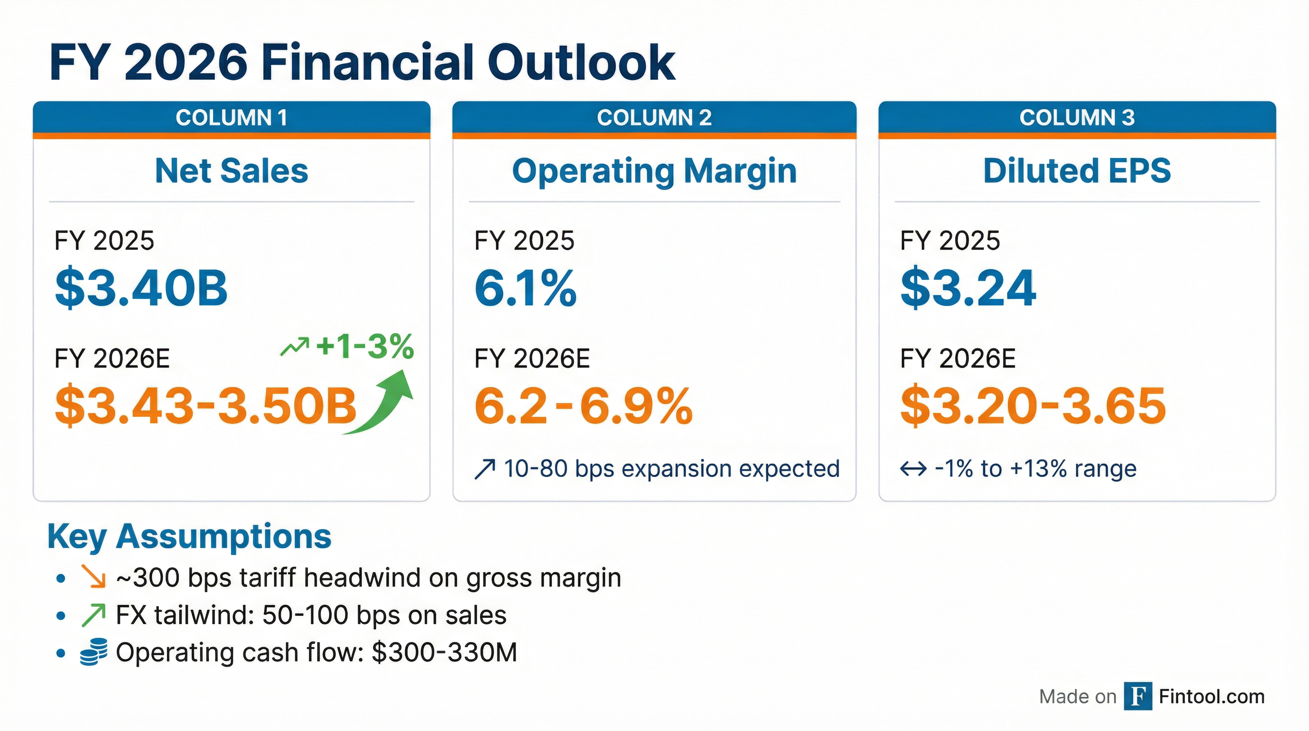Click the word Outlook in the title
click(581, 62)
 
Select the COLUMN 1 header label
click(232, 118)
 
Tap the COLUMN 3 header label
click(1077, 118)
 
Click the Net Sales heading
click(232, 171)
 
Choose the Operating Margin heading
click(654, 171)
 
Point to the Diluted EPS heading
click(1077, 171)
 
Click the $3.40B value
click(141, 288)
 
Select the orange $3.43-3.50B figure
click(206, 405)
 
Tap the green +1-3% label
click(364, 347)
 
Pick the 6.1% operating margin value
click(525, 288)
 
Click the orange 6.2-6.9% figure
click(583, 405)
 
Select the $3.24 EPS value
click(967, 288)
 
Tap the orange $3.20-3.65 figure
click(1033, 405)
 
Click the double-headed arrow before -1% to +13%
click(913, 469)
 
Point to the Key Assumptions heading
click(189, 537)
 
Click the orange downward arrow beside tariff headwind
click(94, 577)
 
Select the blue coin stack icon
click(94, 652)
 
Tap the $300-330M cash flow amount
click(444, 652)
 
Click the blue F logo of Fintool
click(1137, 696)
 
